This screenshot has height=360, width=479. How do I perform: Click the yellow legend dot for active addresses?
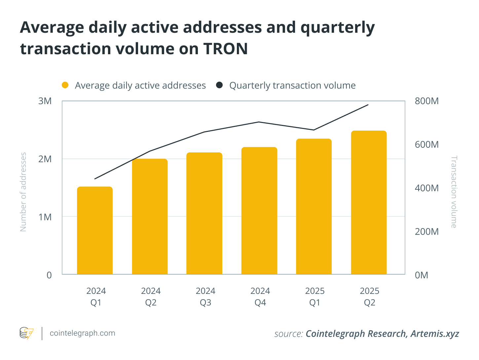tap(65, 85)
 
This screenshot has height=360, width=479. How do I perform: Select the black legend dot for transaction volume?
tap(219, 85)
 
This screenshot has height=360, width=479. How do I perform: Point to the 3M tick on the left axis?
tap(45, 101)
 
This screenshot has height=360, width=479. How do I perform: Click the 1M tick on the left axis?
tap(45, 217)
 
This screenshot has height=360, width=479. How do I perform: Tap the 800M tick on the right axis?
tap(427, 101)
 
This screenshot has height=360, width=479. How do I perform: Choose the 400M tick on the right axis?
tap(427, 188)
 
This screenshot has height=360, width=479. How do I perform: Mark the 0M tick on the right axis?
tap(422, 275)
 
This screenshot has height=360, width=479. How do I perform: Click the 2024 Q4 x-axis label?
tap(260, 297)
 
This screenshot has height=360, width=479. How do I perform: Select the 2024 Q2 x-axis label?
tap(151, 297)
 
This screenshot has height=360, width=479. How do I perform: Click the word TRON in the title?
tap(225, 49)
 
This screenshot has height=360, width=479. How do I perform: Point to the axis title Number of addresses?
tap(23, 192)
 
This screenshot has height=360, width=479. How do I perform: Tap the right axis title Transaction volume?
tap(454, 192)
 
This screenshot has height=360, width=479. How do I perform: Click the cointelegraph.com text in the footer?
tap(82, 333)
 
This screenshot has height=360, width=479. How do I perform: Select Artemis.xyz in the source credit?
tap(435, 334)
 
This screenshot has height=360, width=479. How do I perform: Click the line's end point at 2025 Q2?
tap(368, 105)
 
